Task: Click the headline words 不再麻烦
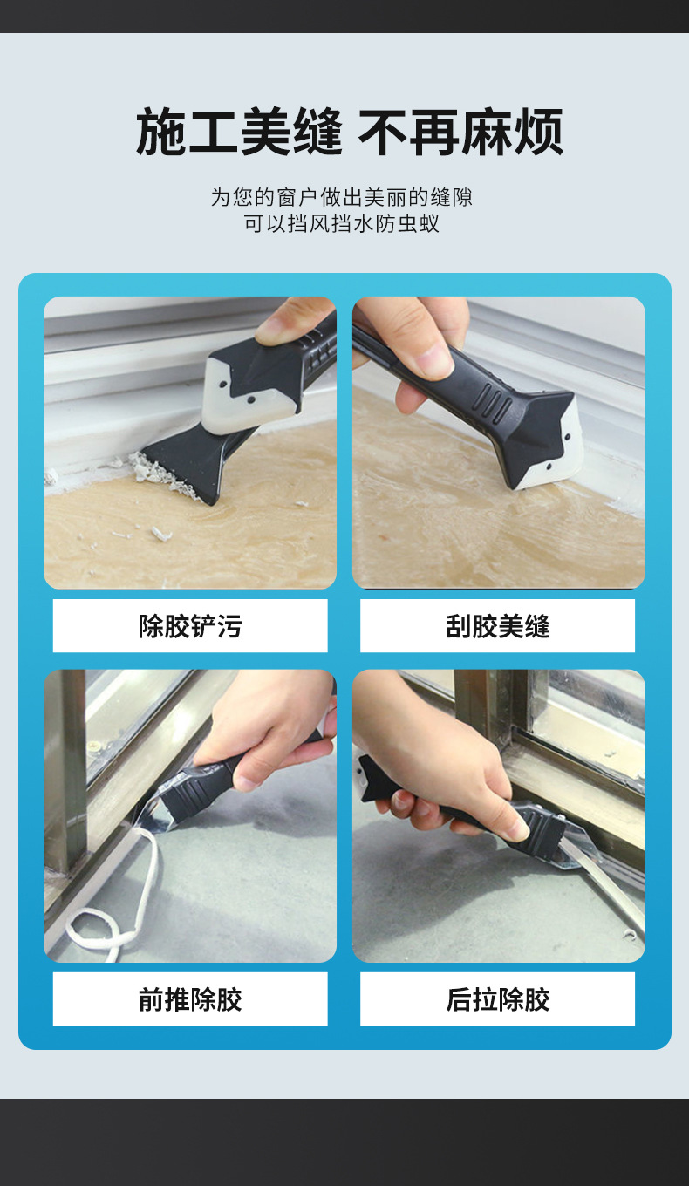pos(460,133)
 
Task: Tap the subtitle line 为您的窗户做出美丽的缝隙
pos(342,197)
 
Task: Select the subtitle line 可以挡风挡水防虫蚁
pos(342,223)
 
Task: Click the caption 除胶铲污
pos(190,625)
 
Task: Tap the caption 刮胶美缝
pos(497,625)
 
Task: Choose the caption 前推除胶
pos(190,999)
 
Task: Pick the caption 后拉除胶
pos(497,999)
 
